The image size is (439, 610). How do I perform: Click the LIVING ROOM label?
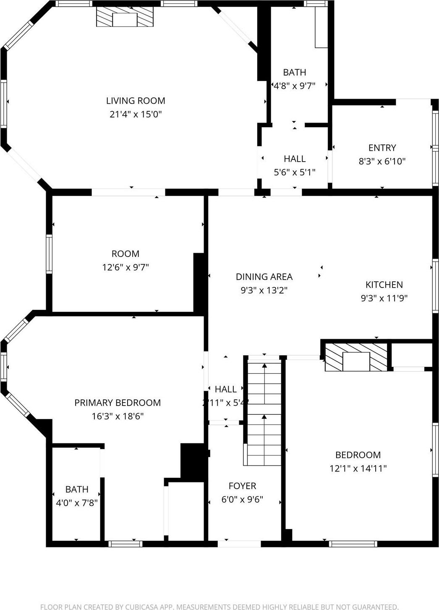point(136,101)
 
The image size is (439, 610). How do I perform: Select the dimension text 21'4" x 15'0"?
point(136,114)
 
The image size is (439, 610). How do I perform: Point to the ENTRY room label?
point(382,148)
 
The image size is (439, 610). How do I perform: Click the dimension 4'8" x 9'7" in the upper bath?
point(295,86)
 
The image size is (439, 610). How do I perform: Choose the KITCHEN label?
point(384,285)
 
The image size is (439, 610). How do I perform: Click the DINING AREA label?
point(264,277)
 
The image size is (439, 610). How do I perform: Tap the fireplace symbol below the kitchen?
point(356,357)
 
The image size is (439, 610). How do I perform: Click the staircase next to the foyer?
point(264,414)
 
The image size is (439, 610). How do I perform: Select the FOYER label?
point(242,486)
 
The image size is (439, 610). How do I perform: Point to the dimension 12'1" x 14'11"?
point(358,469)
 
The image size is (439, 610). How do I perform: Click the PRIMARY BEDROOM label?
point(118,403)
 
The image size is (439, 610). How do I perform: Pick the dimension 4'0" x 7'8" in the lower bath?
point(77,503)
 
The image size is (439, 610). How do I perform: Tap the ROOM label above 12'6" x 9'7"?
point(125,254)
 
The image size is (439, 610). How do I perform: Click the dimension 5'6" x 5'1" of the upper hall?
point(295,172)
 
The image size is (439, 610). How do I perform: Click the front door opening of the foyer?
point(239,544)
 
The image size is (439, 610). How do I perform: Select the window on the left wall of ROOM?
point(49,254)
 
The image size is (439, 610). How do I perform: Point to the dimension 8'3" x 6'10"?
point(382,161)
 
